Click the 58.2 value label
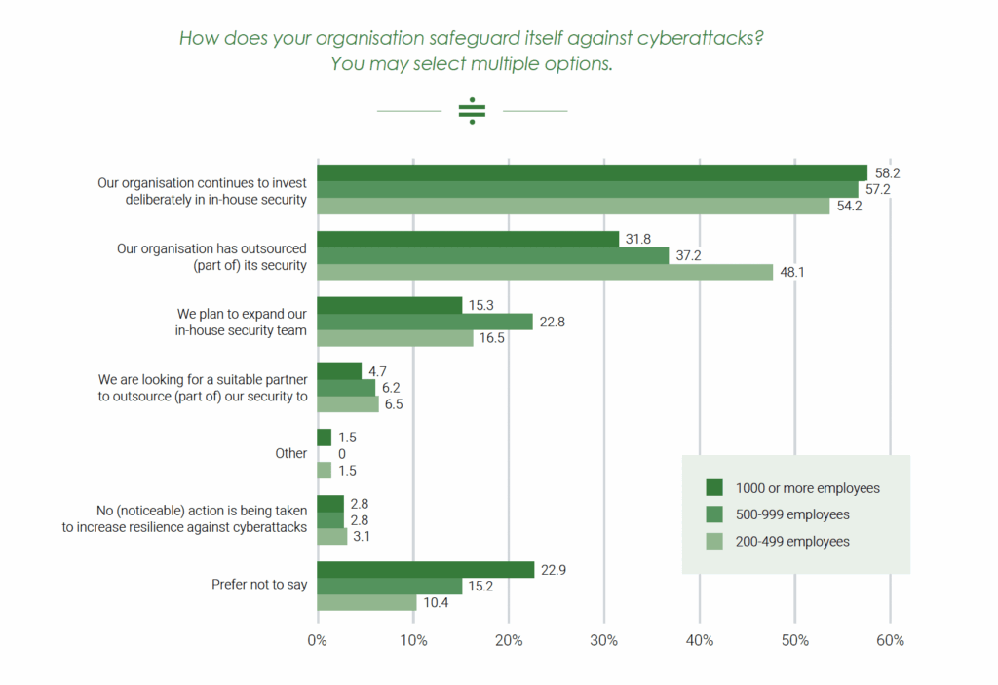(x=886, y=172)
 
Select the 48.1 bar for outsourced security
(x=545, y=272)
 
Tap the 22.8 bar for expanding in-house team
(x=425, y=322)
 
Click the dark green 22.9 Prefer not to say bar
(x=426, y=570)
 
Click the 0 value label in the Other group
(x=341, y=454)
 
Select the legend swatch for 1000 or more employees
(x=713, y=488)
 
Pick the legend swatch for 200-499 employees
(x=713, y=541)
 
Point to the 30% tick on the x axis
(x=604, y=640)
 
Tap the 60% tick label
(x=890, y=640)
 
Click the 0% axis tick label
(x=318, y=640)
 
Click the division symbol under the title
(x=472, y=111)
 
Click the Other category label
(x=290, y=454)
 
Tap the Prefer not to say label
(x=259, y=586)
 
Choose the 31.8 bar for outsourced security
(x=468, y=239)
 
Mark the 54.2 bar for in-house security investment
(x=574, y=206)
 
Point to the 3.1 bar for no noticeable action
(x=332, y=537)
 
